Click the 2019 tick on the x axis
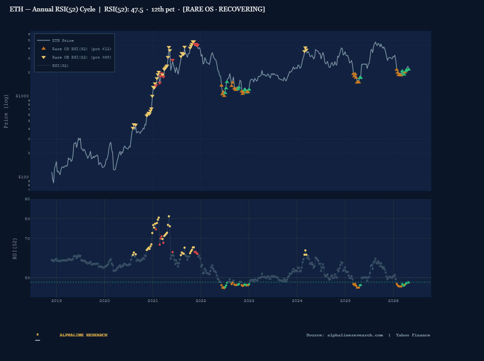[x=56, y=301]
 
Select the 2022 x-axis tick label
[x=201, y=301]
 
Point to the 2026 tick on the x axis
[x=393, y=301]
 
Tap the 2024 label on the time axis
[x=297, y=301]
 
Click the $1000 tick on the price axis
[x=22, y=96]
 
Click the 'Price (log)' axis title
[x=6, y=111]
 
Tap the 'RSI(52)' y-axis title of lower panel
[x=15, y=249]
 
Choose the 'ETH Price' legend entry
[x=63, y=41]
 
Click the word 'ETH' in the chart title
[x=16, y=9]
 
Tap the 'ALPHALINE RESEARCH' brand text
[x=84, y=335]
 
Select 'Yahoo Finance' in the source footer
[x=413, y=335]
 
